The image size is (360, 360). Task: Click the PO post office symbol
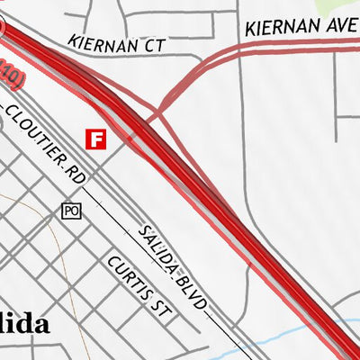[71, 211]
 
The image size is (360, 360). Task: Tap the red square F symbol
[95, 139]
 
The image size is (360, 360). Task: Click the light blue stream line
[297, 337]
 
